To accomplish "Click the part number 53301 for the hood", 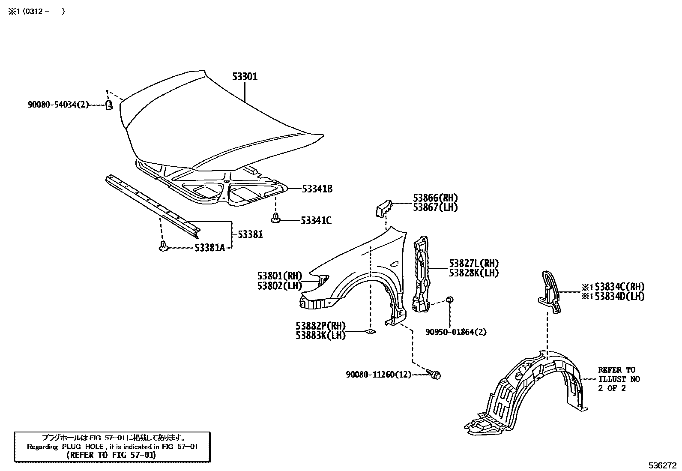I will pos(245,77).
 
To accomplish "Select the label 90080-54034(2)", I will pos(58,104).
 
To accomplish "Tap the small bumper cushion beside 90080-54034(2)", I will pos(109,105).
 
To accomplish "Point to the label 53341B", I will pos(317,189).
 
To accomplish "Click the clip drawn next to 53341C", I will pos(276,219).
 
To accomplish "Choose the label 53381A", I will pos(209,248).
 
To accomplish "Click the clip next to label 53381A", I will pos(163,246).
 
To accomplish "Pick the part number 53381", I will pos(250,234).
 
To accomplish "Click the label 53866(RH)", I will pos(435,198).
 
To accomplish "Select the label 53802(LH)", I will pos(280,285).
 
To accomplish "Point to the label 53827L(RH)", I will pos(474,264).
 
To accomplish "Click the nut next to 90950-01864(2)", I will pos(449,300).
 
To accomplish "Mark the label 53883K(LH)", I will pos(320,336).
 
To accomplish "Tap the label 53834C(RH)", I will pos(619,287).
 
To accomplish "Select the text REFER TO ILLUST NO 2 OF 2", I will pos(617,379).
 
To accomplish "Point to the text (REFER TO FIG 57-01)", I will pos(111,455).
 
